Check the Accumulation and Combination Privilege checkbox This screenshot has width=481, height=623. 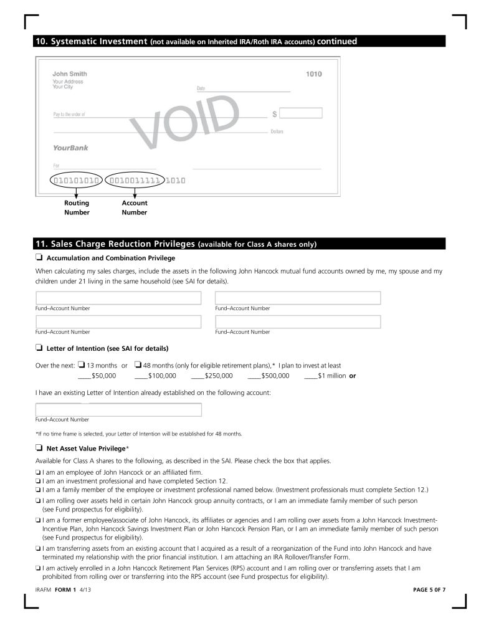tap(39, 258)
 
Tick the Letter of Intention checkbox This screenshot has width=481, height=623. tap(39, 348)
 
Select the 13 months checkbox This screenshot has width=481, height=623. tap(81, 365)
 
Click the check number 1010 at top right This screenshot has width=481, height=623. tap(313, 75)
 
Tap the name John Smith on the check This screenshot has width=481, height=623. tap(70, 74)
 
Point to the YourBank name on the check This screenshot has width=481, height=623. tap(70, 148)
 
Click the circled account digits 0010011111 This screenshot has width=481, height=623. tap(135, 181)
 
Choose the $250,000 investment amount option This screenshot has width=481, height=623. tap(211, 376)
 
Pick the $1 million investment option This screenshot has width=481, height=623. tap(325, 376)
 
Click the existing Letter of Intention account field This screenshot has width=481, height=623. tap(118, 410)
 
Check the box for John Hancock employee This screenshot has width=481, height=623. tap(38, 473)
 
